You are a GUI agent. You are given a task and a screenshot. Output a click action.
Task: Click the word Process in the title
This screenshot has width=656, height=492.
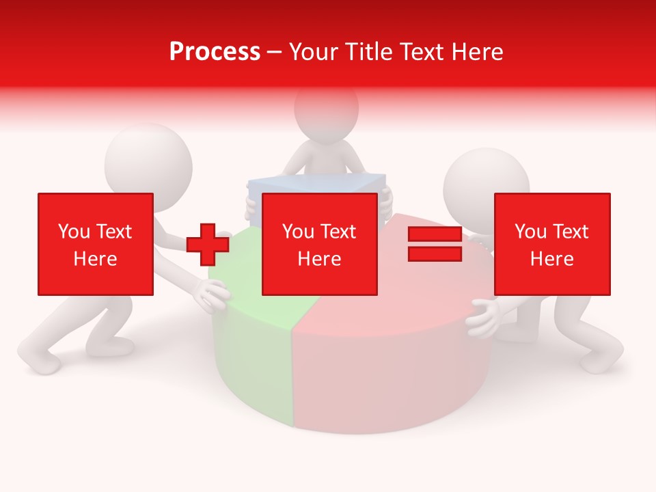click(215, 52)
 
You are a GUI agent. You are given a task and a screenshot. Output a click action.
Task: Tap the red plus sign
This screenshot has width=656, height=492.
click(208, 245)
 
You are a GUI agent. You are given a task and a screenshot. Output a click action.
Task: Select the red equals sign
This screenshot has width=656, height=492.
click(435, 244)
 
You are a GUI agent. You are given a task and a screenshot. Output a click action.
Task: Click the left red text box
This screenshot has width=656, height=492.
click(96, 244)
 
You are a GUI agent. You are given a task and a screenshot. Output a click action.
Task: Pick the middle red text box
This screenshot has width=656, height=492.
click(320, 244)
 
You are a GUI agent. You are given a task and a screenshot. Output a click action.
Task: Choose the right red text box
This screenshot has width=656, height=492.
click(552, 244)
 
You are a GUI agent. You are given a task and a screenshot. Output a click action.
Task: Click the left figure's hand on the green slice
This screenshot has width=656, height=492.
click(213, 295)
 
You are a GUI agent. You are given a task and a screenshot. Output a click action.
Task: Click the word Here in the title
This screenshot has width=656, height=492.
click(475, 52)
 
